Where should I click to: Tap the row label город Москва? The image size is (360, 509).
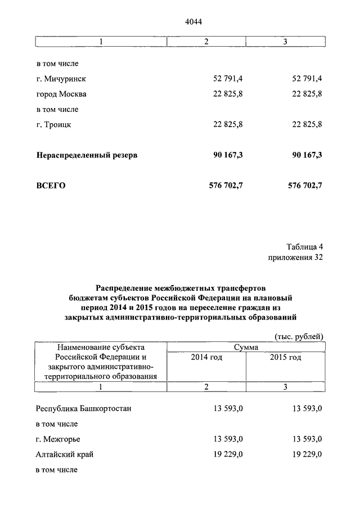pyautogui.click(x=61, y=93)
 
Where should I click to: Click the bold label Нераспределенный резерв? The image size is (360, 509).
pyautogui.click(x=87, y=154)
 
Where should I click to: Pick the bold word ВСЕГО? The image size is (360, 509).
pyautogui.click(x=51, y=185)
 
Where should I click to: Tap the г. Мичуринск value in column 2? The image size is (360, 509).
pyautogui.click(x=227, y=78)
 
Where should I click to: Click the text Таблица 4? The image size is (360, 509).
pyautogui.click(x=304, y=246)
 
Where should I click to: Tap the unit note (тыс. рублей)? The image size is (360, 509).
pyautogui.click(x=299, y=336)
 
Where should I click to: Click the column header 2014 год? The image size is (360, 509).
pyautogui.click(x=206, y=358)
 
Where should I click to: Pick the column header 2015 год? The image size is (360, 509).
pyautogui.click(x=285, y=358)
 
